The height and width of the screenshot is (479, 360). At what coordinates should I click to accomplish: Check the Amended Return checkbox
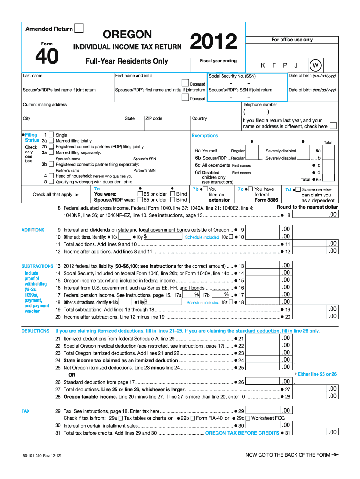pyautogui.click(x=79, y=29)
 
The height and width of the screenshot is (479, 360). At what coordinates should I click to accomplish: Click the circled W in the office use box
pyautogui.click(x=316, y=65)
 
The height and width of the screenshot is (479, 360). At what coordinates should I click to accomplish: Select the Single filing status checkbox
pyautogui.click(x=51, y=135)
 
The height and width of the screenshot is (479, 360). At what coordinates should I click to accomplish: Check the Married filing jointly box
pyautogui.click(x=51, y=140)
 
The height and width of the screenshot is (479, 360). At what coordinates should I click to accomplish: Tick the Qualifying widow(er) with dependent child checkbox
pyautogui.click(x=51, y=181)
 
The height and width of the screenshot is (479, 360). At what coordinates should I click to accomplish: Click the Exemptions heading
pyautogui.click(x=205, y=135)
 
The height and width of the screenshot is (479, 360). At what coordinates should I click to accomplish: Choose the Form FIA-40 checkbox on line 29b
pyautogui.click(x=193, y=418)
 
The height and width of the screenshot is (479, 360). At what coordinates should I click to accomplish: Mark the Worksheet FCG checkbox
pyautogui.click(x=248, y=418)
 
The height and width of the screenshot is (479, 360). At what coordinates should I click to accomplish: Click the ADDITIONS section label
pyautogui.click(x=33, y=230)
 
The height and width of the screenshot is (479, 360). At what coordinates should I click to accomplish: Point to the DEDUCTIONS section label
pyautogui.click(x=35, y=331)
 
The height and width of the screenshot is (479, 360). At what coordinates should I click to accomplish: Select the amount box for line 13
pyautogui.click(x=286, y=266)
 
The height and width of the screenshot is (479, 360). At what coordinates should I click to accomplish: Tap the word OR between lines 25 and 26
pyautogui.click(x=72, y=375)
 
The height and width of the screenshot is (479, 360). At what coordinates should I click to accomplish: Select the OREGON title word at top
pyautogui.click(x=127, y=35)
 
